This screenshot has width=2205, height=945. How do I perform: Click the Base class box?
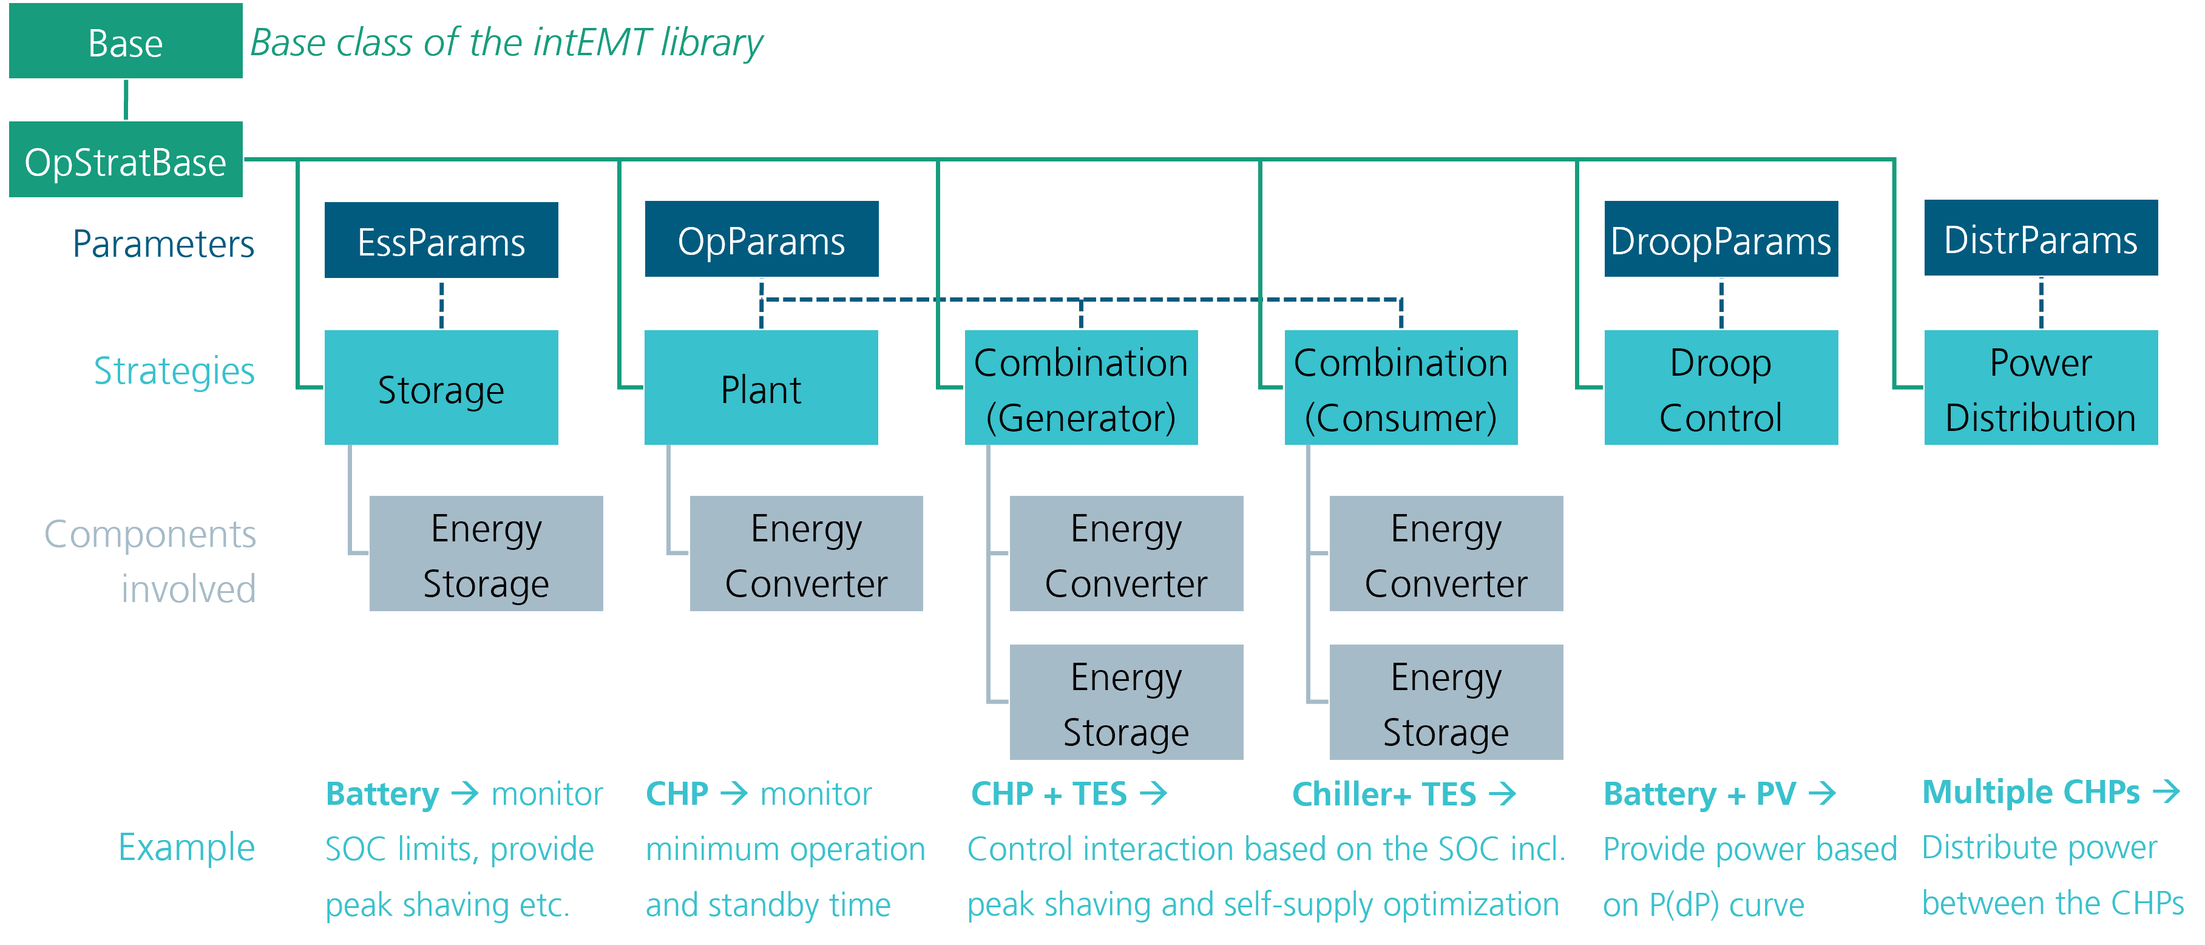[126, 42]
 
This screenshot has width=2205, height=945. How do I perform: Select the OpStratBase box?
[126, 160]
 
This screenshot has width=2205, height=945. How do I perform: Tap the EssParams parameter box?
[441, 240]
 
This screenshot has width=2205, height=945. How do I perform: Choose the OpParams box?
[761, 240]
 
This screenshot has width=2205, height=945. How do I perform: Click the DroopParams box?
[1721, 240]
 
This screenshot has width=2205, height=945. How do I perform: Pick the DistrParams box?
[2040, 239]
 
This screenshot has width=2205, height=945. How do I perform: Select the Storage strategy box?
[441, 388]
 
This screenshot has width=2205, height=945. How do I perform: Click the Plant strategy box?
[761, 388]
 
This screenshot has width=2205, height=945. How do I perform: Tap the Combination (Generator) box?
[1080, 388]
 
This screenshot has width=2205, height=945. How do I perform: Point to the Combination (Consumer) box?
[1400, 388]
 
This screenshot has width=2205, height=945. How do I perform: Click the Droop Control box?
[1721, 388]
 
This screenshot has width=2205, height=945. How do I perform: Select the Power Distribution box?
[2040, 388]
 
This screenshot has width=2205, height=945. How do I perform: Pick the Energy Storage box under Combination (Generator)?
[1126, 702]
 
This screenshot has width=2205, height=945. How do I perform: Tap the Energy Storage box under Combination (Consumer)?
[1446, 702]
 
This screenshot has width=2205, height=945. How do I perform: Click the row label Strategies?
[174, 371]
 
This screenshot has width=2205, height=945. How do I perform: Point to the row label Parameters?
[163, 245]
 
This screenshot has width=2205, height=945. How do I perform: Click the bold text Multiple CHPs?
[2030, 792]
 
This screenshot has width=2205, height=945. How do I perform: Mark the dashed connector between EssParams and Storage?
[441, 305]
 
